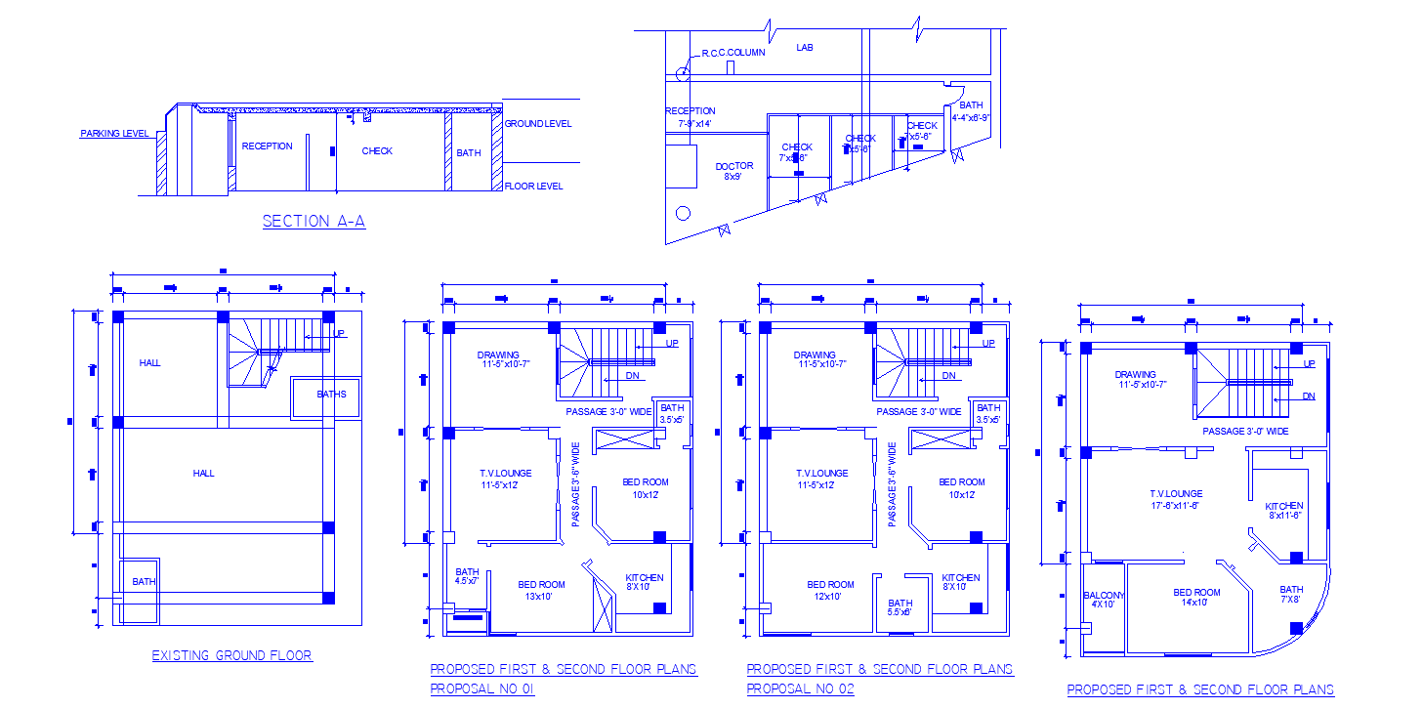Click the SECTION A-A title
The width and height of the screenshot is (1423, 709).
[x=314, y=222]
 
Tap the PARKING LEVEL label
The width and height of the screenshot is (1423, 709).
[x=113, y=134]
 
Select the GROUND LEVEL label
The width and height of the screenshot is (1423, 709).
[x=537, y=124]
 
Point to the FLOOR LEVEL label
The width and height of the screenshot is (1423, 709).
[x=533, y=186]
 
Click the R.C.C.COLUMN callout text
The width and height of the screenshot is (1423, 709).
[x=732, y=53]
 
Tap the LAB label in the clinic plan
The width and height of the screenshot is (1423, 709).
[x=804, y=47]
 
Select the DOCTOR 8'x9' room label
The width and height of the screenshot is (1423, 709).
[x=733, y=172]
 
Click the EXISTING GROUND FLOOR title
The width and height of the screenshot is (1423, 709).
[x=231, y=655]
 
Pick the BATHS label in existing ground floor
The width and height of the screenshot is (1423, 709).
[x=331, y=395]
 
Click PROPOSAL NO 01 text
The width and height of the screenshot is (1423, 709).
[x=482, y=688]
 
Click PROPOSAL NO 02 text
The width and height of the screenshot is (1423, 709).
[x=800, y=688]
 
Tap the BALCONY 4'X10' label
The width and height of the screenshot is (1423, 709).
[x=1104, y=599]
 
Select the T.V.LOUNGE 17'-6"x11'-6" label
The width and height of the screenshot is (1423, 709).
[x=1175, y=499]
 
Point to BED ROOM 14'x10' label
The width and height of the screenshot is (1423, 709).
[x=1196, y=597]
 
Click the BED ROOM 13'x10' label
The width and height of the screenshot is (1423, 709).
[x=541, y=590]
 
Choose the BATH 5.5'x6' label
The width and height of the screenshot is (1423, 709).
[x=900, y=607]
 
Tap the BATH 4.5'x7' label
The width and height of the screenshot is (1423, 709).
[x=467, y=576]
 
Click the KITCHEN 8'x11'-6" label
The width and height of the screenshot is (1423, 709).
[x=1283, y=511]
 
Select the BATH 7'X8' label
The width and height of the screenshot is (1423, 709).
[x=1291, y=594]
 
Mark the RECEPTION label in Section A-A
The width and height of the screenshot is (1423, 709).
[x=267, y=146]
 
